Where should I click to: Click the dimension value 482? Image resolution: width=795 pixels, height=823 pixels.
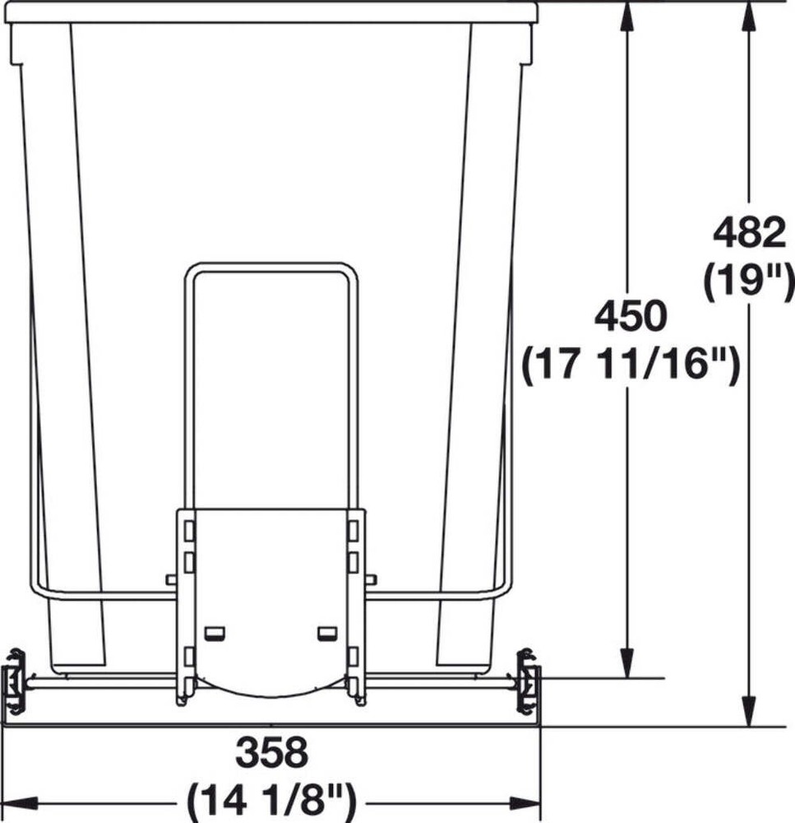(x=748, y=235)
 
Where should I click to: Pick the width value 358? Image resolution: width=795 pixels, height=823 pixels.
(x=271, y=752)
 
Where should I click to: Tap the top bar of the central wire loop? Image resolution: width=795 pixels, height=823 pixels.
(x=271, y=267)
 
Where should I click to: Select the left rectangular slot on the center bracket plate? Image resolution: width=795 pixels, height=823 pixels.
(x=215, y=632)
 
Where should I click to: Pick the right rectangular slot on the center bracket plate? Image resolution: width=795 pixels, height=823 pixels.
(x=327, y=632)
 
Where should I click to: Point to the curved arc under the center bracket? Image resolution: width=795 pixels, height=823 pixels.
(x=271, y=690)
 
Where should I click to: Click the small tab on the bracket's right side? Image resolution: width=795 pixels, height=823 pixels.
(x=371, y=579)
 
